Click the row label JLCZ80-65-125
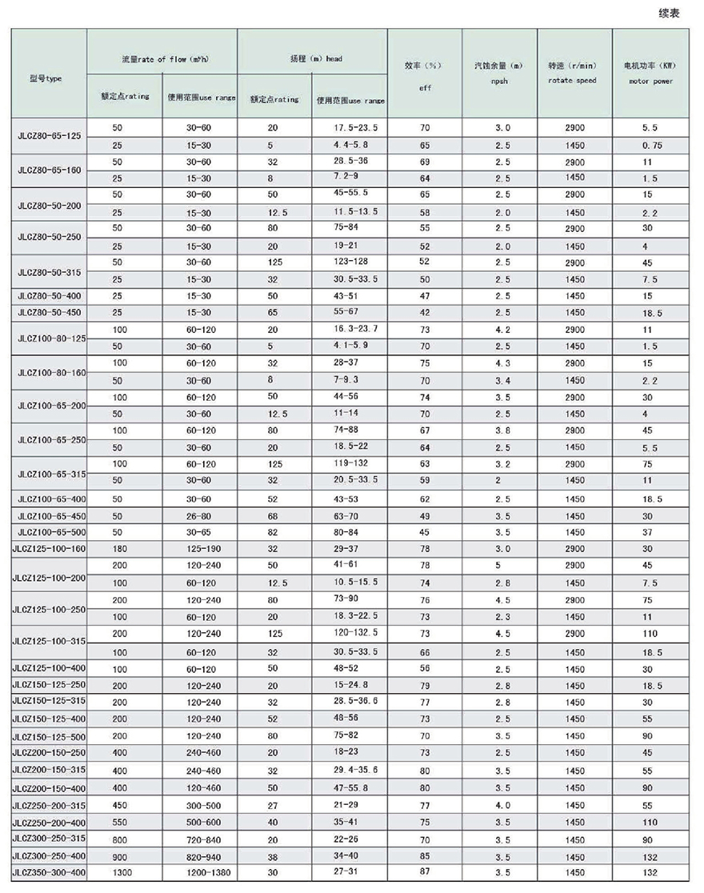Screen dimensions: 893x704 point(48,136)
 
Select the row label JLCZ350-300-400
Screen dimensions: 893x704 point(48,872)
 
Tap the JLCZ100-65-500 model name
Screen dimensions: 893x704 point(48,532)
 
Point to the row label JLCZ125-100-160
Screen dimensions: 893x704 point(48,549)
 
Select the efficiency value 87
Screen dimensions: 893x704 point(424,872)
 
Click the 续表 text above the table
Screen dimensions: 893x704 point(668,14)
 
